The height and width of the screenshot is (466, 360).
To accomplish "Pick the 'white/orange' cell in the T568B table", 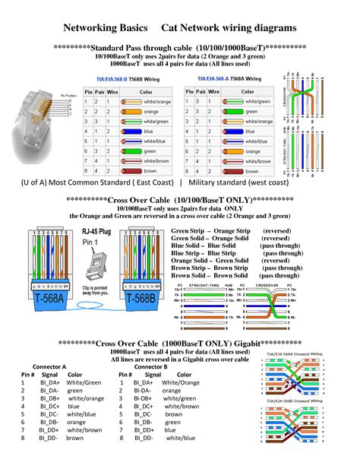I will pyautogui.click(x=153, y=102).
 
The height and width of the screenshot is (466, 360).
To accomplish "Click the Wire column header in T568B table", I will pyautogui.click(x=111, y=91).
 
